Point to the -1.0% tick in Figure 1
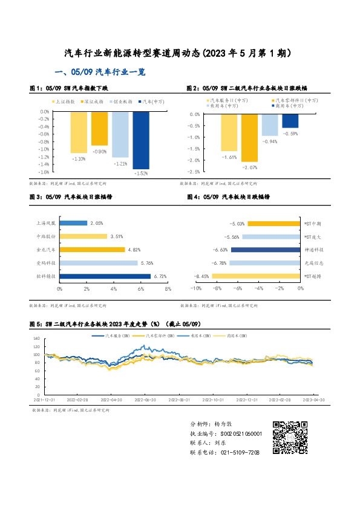click(x=43, y=149)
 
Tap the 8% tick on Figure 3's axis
click(x=168, y=289)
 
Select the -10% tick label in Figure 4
click(x=195, y=289)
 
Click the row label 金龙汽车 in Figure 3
click(x=45, y=249)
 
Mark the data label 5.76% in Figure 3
click(x=147, y=263)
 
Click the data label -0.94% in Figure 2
click(x=269, y=141)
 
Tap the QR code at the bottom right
click(x=288, y=437)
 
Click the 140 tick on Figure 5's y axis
click(x=36, y=339)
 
